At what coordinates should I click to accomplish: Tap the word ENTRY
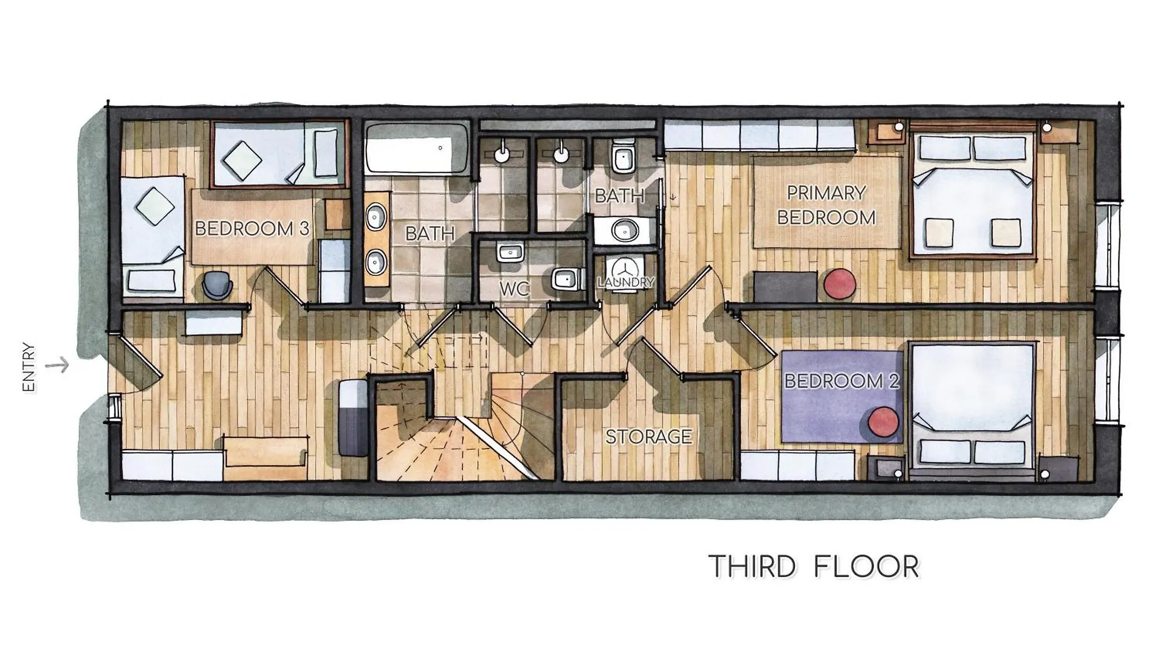click(x=28, y=368)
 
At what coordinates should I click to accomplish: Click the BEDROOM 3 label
click(x=252, y=228)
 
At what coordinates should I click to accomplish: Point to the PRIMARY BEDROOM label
click(x=826, y=205)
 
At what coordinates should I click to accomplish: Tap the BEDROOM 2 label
click(x=841, y=381)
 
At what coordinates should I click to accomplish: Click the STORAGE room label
click(x=649, y=436)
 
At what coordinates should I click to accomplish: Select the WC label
click(x=514, y=289)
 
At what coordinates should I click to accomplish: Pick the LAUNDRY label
click(x=626, y=282)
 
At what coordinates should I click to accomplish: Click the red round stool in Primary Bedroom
click(x=840, y=283)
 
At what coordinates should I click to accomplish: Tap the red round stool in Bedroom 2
click(x=884, y=422)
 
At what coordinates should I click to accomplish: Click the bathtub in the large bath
click(x=417, y=149)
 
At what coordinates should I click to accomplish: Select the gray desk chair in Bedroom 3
click(x=217, y=285)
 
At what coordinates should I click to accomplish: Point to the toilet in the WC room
click(x=567, y=279)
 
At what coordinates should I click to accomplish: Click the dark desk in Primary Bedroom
click(x=785, y=287)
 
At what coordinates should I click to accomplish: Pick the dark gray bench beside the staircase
click(x=353, y=418)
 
